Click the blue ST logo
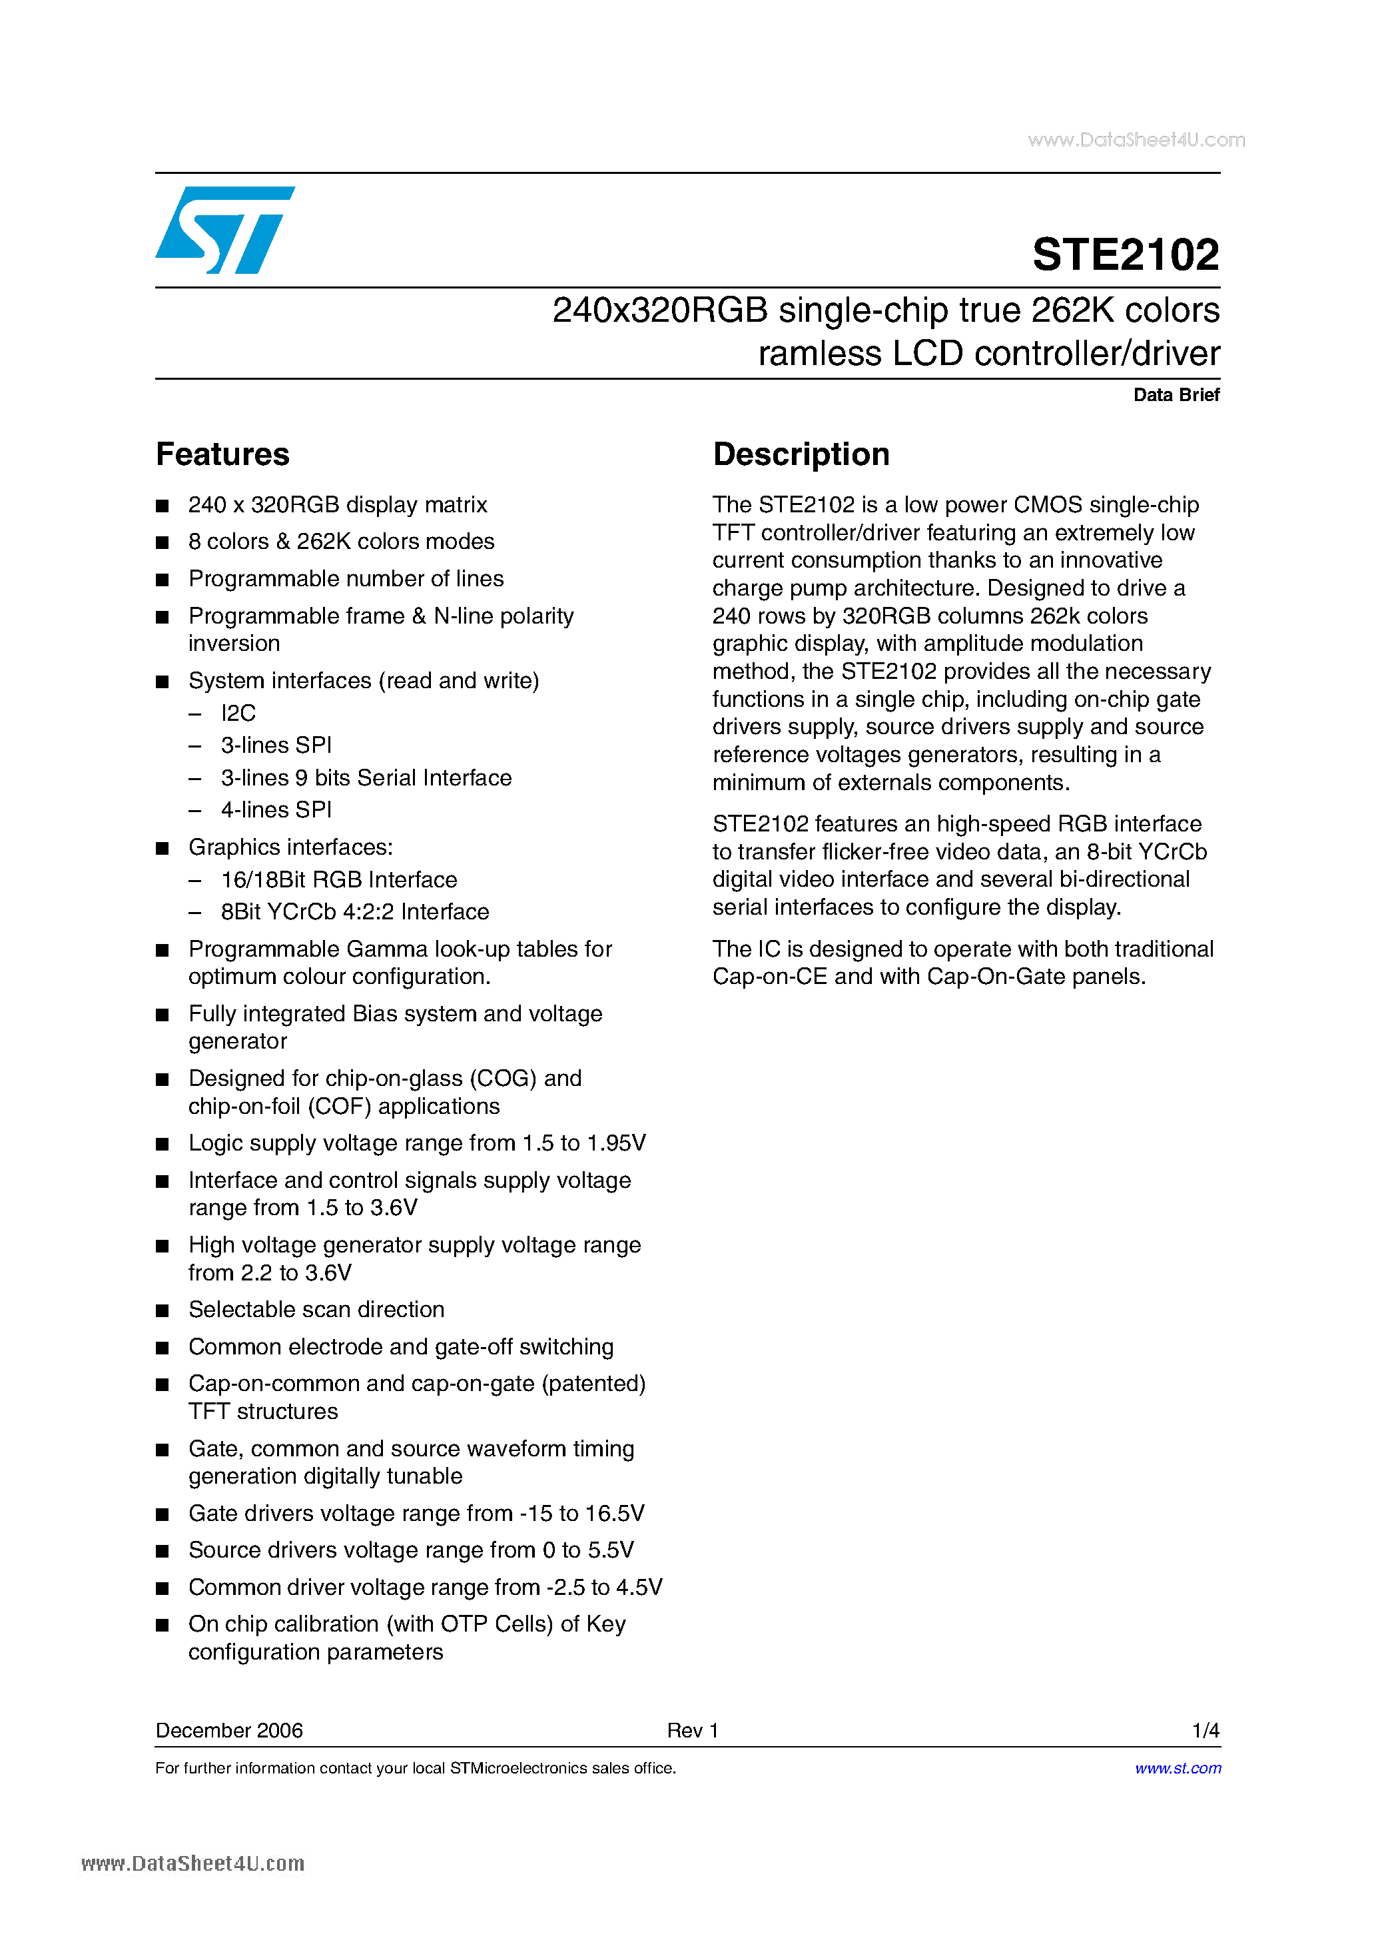tap(225, 230)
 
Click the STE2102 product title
tap(1125, 254)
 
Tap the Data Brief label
tap(1176, 394)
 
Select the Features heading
tap(222, 455)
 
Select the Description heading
tap(801, 455)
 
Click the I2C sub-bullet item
tap(238, 714)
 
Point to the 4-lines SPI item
tap(276, 810)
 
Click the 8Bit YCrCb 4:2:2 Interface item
tap(354, 912)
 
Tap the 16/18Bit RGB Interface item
tap(338, 880)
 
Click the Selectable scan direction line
tap(316, 1310)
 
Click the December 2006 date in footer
tap(229, 1731)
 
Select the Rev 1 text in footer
tap(692, 1731)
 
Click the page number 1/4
tap(1205, 1731)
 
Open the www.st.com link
tap(1178, 1768)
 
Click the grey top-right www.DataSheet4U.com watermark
tap(1136, 140)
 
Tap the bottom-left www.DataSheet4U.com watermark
tap(192, 1864)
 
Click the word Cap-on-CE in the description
tap(769, 977)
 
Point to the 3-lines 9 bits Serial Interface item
tap(366, 778)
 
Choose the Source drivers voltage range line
tap(410, 1550)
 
